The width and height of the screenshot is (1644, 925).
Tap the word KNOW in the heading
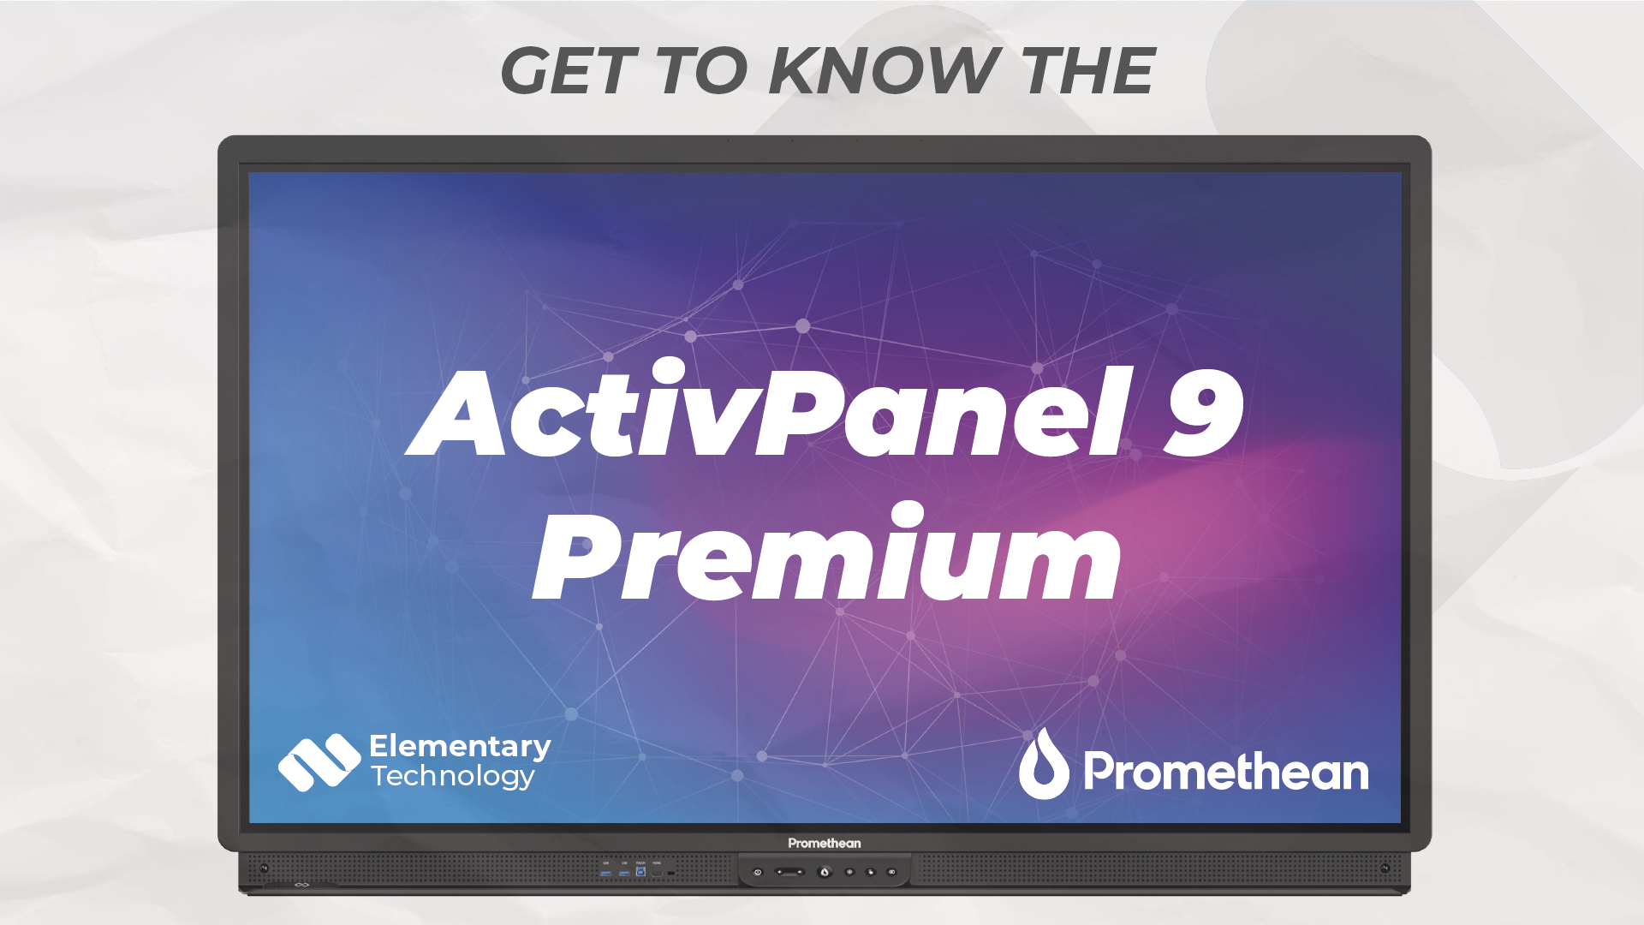pos(881,71)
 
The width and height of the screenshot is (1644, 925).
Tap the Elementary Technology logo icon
pos(319,761)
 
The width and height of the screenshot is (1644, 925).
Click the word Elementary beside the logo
pos(460,746)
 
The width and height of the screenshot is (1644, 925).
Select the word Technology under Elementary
pos(453,776)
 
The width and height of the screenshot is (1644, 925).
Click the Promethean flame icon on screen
pos(1044,765)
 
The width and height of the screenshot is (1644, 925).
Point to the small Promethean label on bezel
pos(825,844)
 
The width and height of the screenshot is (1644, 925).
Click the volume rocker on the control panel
pos(789,872)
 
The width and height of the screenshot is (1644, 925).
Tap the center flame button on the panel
pos(825,872)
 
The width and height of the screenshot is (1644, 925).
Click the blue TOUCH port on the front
pos(640,872)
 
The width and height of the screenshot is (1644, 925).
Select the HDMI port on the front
pos(657,872)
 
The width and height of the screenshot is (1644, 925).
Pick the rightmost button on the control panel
pos(891,872)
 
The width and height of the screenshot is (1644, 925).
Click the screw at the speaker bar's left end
pos(264,868)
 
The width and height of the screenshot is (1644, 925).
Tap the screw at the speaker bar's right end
pos(1385,868)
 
